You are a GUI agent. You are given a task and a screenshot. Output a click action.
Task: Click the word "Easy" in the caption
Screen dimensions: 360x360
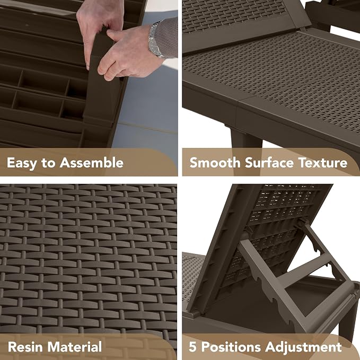tap(22, 163)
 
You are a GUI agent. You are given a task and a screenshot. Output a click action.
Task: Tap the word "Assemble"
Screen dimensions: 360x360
tap(92, 163)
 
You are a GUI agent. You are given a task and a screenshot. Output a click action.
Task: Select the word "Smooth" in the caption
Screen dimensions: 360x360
tap(215, 163)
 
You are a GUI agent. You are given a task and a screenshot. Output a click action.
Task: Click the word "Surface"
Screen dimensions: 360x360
tap(269, 163)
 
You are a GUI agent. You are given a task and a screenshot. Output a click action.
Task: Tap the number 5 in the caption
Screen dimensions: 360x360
tap(192, 347)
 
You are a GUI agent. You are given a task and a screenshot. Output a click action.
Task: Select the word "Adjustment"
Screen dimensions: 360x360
tap(303, 347)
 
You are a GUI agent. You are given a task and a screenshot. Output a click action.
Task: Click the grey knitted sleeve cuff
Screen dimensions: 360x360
tap(166, 38)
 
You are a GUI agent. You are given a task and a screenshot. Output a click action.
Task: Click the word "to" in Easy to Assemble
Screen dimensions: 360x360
tap(48, 163)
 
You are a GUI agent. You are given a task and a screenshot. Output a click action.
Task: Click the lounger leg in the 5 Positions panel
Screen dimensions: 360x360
tap(348, 321)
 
